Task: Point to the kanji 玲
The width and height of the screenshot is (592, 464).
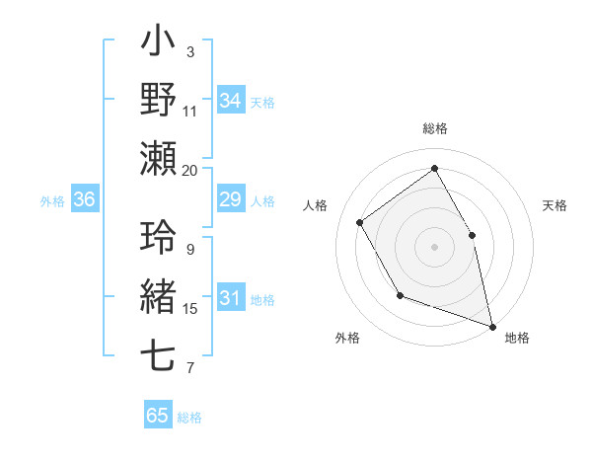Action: [159, 238]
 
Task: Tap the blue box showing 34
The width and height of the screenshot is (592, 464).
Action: [230, 101]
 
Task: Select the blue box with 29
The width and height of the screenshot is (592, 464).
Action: [230, 200]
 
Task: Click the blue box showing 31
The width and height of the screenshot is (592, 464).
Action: [230, 299]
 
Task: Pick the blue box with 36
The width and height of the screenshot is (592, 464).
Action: [84, 200]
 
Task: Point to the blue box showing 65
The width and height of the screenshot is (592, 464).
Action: [158, 416]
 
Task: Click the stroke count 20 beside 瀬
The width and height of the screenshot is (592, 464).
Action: [190, 170]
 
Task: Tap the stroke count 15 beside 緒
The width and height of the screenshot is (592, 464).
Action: [190, 309]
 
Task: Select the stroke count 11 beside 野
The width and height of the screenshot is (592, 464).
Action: [190, 111]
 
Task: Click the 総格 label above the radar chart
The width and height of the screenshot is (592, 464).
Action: [435, 128]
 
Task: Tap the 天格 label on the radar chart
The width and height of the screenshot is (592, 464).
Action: [555, 205]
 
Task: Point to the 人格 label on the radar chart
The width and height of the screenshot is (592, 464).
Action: [316, 205]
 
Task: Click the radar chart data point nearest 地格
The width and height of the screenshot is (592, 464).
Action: [492, 325]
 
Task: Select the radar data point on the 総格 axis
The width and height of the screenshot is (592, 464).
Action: [435, 168]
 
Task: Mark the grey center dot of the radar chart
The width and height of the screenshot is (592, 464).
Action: [435, 246]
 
